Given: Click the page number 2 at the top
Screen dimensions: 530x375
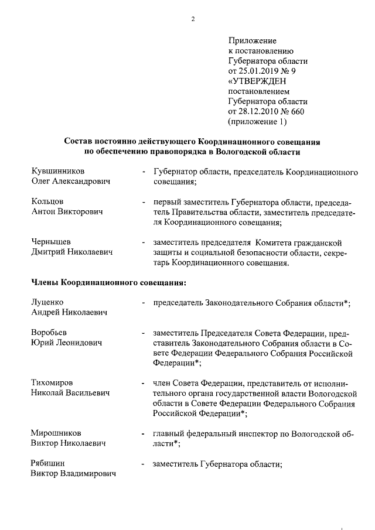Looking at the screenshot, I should [x=192, y=19].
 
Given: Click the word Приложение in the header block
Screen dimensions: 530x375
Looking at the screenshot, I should [x=252, y=41].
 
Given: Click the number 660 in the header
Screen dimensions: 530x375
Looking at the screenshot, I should [x=297, y=111].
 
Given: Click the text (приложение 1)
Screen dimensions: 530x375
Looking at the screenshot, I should [x=258, y=121].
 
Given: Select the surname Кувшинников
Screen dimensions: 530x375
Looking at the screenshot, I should [x=57, y=171].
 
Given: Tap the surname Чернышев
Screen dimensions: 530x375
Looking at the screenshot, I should [x=51, y=242].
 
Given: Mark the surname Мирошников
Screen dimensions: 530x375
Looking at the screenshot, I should [x=56, y=433].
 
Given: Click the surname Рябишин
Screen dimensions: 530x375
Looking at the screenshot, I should [x=48, y=464].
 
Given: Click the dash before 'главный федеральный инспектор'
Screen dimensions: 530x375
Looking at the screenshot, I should [x=143, y=434].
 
